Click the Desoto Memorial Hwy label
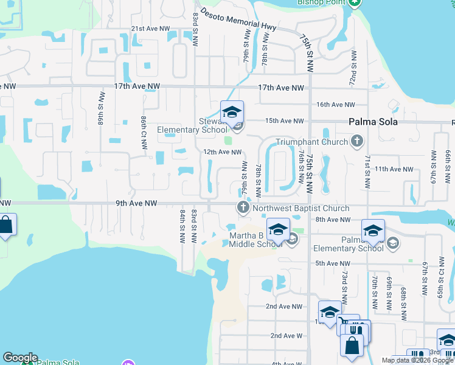coord(238,21)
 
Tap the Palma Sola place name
coord(373,122)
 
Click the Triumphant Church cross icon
coord(357,142)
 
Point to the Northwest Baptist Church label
coord(293,208)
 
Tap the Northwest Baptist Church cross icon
coord(243,208)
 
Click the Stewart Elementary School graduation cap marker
coord(232,112)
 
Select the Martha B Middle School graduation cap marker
coord(278,229)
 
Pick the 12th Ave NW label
coord(223,152)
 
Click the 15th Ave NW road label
coord(284,120)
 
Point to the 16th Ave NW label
coord(336,105)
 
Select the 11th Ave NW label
coord(394,169)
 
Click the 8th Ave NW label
coord(335,219)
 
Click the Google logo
coord(20,358)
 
